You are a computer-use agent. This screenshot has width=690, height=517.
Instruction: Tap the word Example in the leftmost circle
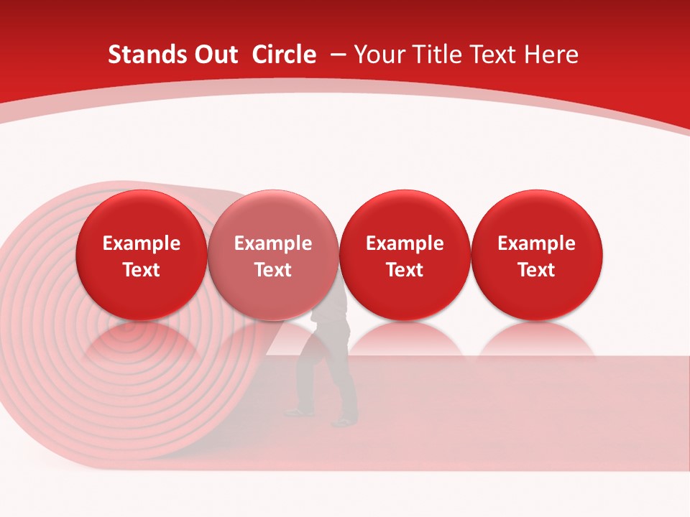coord(141,243)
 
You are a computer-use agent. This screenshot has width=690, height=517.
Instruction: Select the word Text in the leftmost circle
coord(141,270)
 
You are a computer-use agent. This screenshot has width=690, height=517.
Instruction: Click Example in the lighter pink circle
coord(273,243)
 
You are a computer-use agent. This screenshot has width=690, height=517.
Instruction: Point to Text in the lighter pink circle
coord(273,270)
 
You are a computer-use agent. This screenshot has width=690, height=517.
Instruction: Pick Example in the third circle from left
coord(405,243)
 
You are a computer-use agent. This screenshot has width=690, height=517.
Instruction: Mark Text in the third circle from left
coord(405,270)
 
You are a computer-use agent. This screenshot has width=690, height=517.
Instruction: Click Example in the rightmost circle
coord(536,243)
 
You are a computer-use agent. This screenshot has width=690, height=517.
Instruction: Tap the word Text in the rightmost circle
coord(536,270)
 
